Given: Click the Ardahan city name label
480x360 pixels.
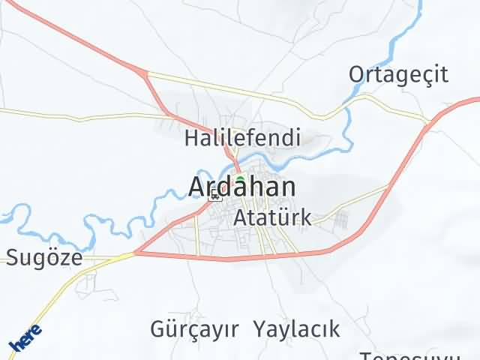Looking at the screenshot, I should [x=242, y=188].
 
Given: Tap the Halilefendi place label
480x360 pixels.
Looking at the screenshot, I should [x=242, y=138].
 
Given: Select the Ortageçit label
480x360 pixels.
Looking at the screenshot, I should [x=398, y=74].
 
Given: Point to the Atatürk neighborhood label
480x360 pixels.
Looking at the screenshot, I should [x=272, y=217].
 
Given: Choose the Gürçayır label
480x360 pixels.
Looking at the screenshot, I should [x=194, y=328].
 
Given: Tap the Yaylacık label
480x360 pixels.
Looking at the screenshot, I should [x=296, y=328].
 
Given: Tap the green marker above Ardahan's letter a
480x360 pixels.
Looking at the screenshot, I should [x=240, y=179].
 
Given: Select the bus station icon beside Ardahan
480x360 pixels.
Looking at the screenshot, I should [x=215, y=196].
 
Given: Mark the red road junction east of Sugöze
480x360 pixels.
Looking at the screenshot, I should [x=135, y=253].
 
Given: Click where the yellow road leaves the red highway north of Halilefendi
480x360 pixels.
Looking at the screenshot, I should [x=146, y=73].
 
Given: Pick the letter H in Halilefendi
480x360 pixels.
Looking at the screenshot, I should [x=191, y=138].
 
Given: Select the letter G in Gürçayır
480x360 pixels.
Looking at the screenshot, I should [x=158, y=328].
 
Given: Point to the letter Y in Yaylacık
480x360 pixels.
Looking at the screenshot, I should [x=259, y=328].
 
